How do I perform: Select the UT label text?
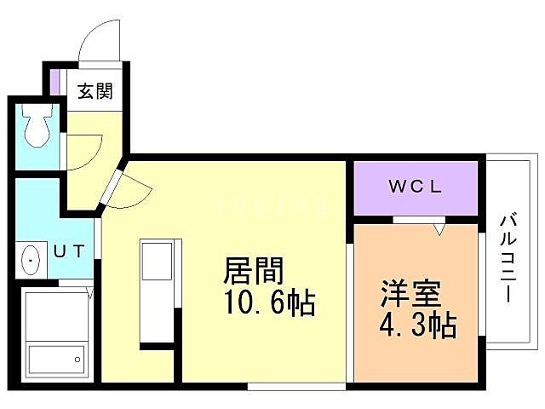(70, 252)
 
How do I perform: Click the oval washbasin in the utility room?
(30, 259)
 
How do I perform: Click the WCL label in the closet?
(415, 187)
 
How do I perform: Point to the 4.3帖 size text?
(417, 325)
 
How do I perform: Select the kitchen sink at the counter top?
(157, 260)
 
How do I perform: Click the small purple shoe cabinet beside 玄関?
(54, 83)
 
